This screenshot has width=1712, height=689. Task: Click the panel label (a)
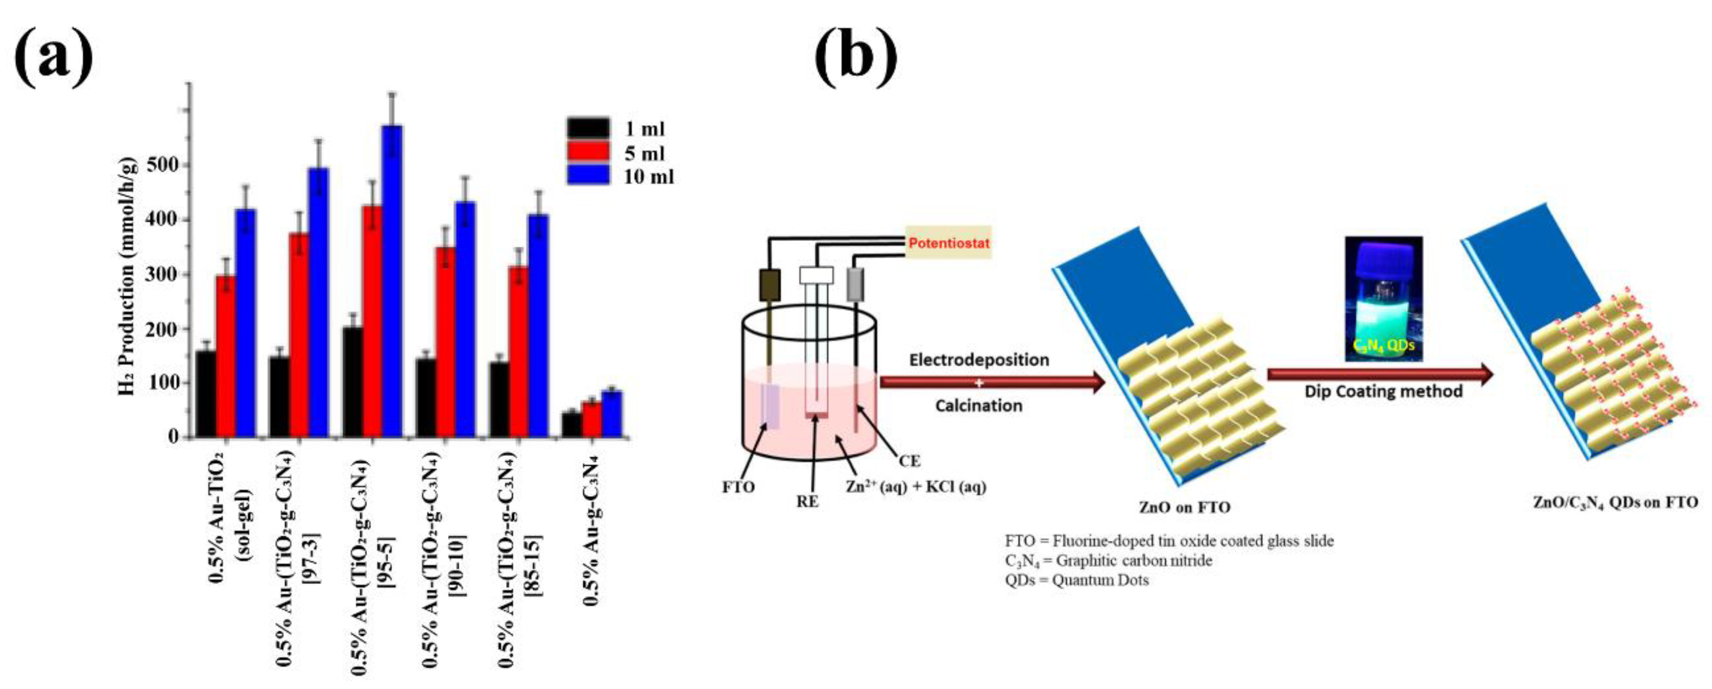tap(53, 57)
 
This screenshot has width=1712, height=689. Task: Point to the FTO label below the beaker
tap(738, 488)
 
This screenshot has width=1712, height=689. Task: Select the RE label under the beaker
tap(807, 502)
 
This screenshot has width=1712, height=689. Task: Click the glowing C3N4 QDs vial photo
tap(1384, 299)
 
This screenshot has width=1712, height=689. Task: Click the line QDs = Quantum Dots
tap(1077, 580)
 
